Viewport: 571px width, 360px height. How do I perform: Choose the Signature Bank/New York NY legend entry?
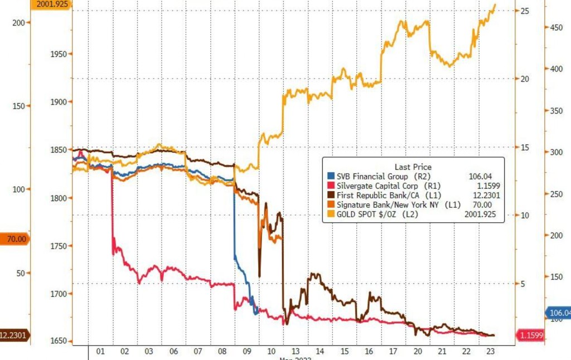point(385,205)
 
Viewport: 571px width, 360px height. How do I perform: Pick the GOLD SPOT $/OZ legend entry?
point(374,214)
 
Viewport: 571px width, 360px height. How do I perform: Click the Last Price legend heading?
point(413,167)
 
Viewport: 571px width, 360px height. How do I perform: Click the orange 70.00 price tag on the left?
point(15,239)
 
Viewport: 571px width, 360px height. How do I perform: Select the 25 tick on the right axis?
point(524,11)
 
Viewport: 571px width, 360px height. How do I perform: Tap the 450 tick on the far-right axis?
point(556,27)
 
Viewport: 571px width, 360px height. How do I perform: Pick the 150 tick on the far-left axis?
point(18,105)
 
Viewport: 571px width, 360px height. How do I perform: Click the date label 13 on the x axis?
point(296,352)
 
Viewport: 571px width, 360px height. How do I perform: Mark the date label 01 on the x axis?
point(100,352)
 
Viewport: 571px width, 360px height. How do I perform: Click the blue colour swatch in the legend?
point(331,177)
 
